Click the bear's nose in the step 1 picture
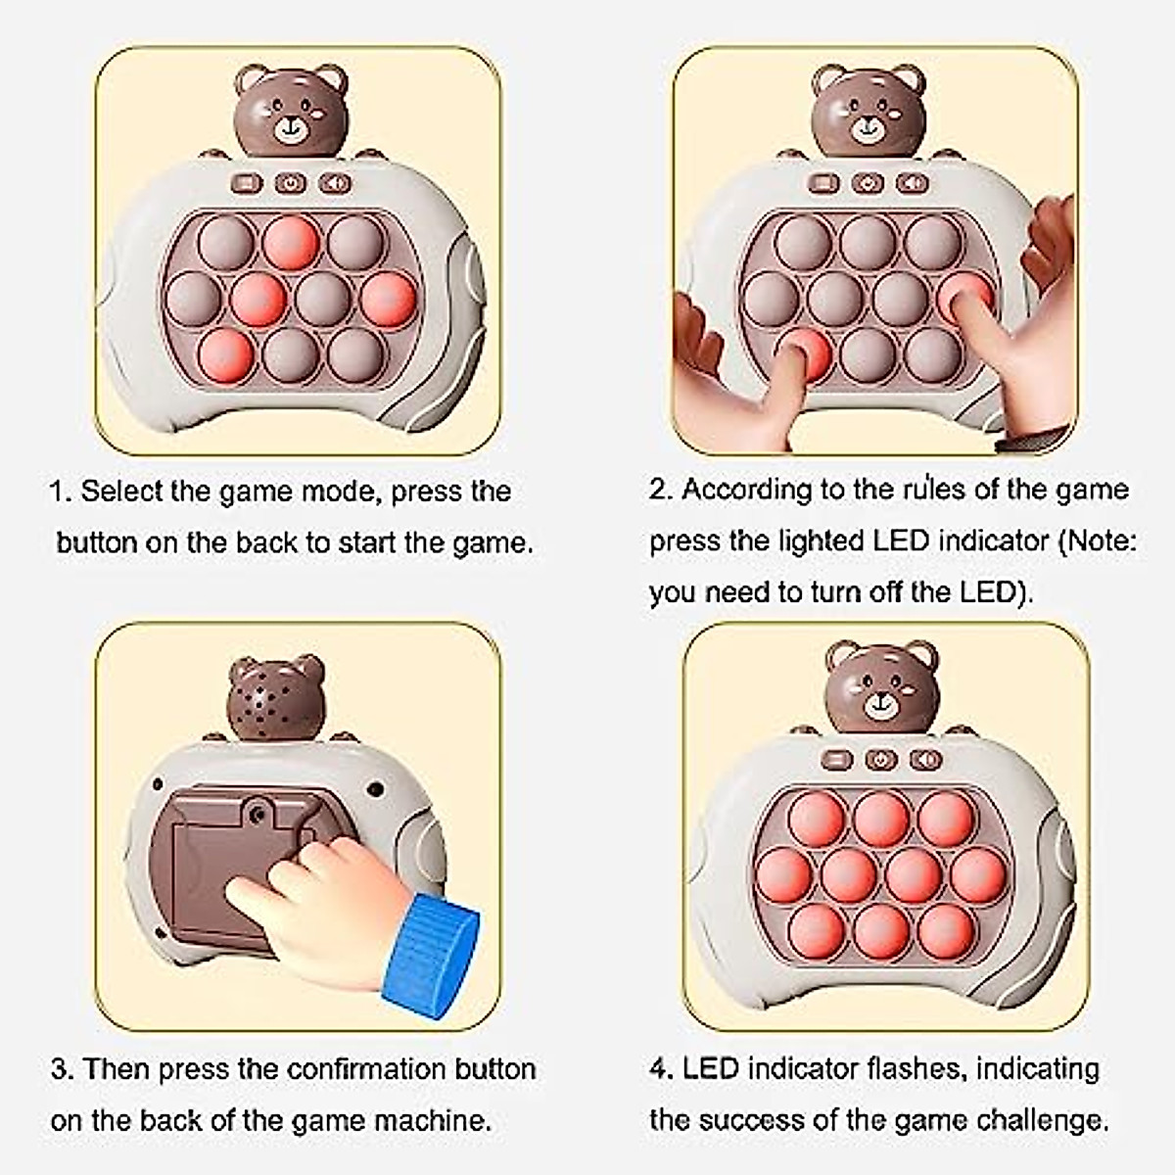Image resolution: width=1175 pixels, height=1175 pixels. (x=290, y=123)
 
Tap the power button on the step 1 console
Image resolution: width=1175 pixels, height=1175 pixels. (x=291, y=183)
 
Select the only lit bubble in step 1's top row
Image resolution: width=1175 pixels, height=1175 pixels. (x=292, y=242)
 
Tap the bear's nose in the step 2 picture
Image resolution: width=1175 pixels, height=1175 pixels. (x=868, y=123)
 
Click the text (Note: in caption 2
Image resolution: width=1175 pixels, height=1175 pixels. (x=1098, y=540)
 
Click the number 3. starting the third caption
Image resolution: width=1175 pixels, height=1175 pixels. (x=62, y=1068)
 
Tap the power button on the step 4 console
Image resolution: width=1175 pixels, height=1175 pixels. (x=882, y=759)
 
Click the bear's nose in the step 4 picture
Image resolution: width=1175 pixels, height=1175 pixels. (x=881, y=701)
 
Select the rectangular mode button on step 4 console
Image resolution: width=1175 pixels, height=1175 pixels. (x=838, y=759)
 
